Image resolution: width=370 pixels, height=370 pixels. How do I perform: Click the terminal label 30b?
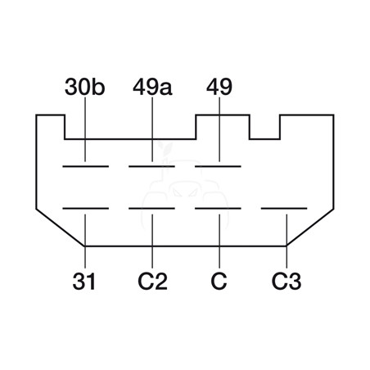pyautogui.click(x=84, y=87)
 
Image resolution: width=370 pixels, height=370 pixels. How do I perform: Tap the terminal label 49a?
pyautogui.click(x=152, y=87)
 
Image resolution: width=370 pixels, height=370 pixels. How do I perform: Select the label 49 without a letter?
pyautogui.click(x=219, y=87)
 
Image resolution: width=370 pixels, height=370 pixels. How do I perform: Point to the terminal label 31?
pyautogui.click(x=84, y=282)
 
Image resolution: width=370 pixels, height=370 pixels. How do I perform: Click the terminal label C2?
pyautogui.click(x=152, y=282)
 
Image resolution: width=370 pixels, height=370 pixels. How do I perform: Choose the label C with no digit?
pyautogui.click(x=219, y=282)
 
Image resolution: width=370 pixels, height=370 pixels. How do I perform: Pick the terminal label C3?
pyautogui.click(x=287, y=282)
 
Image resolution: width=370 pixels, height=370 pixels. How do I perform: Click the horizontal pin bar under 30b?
pyautogui.click(x=86, y=166)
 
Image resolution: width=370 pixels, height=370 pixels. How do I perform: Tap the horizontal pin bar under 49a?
pyautogui.click(x=151, y=166)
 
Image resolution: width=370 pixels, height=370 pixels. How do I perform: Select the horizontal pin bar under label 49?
pyautogui.click(x=218, y=166)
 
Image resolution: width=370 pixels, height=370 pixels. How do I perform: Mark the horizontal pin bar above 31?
pyautogui.click(x=86, y=209)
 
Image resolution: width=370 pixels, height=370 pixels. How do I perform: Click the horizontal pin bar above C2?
pyautogui.click(x=151, y=209)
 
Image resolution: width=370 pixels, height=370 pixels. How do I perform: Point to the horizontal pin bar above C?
pyautogui.click(x=218, y=209)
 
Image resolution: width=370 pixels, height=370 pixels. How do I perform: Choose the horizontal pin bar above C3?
pyautogui.click(x=284, y=209)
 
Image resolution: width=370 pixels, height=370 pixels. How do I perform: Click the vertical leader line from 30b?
pyautogui.click(x=85, y=129)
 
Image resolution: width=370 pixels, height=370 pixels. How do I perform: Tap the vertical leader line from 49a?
pyautogui.click(x=152, y=129)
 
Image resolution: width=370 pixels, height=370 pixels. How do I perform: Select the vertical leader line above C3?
pyautogui.click(x=287, y=241)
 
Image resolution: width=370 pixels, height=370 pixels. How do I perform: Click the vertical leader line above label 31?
pyautogui.click(x=85, y=241)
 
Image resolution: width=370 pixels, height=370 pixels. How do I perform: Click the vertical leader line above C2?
pyautogui.click(x=152, y=241)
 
